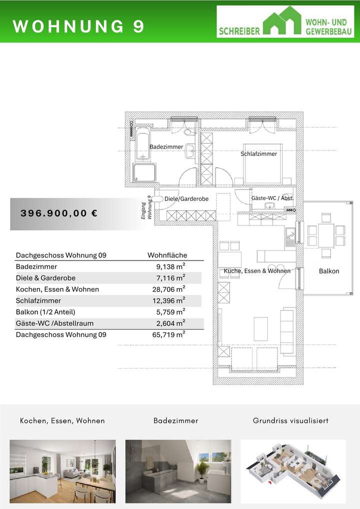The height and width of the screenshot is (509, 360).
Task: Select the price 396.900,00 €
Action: pos(59,213)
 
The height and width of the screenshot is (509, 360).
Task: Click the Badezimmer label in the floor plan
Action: pos(166,147)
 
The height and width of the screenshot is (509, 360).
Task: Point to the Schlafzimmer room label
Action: pos(258,154)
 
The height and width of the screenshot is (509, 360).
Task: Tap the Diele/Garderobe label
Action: pos(186,199)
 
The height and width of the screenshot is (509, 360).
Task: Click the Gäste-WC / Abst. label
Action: pos(272,198)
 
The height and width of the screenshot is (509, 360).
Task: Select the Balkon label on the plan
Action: pos(329,271)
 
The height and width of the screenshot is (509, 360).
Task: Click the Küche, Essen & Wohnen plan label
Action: pos(257,271)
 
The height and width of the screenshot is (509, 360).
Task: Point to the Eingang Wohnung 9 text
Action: pos(146,207)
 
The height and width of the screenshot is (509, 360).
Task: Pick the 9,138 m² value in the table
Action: pos(170,267)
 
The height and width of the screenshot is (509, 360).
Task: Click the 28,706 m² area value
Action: pos(168,289)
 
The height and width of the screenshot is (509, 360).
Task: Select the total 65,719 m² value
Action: pos(168,335)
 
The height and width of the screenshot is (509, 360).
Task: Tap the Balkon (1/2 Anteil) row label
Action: pos(45,312)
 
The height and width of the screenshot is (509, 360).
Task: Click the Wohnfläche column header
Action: pos(167,255)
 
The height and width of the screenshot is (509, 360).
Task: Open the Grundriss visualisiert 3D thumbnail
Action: pos(293,471)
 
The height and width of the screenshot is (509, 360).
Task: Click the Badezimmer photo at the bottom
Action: pos(178,471)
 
